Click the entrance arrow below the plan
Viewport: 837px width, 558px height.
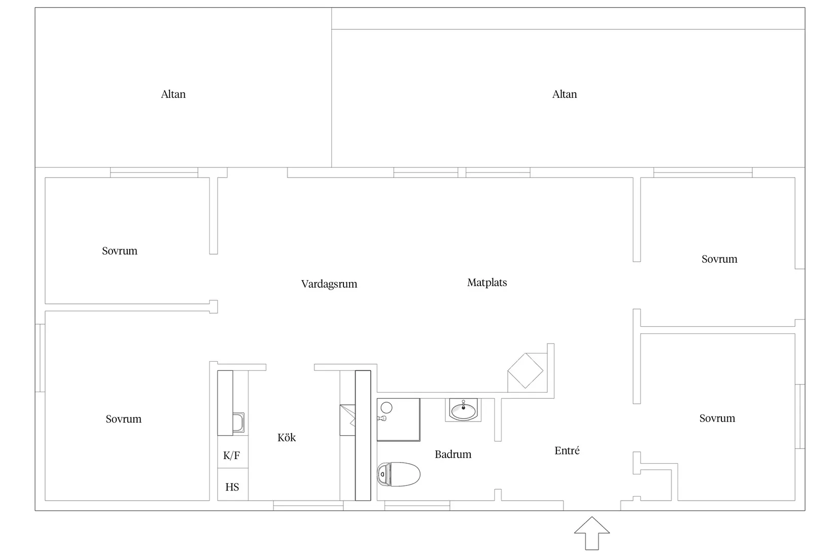592,533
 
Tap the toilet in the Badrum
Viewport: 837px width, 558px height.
398,474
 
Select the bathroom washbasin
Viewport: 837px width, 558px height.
463,410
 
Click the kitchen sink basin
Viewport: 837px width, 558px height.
238,423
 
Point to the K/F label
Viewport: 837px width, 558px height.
232,455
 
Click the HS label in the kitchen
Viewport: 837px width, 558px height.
232,487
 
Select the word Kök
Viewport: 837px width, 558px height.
287,437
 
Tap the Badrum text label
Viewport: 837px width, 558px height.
453,454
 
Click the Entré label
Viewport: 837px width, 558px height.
567,450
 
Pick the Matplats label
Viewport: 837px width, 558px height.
487,282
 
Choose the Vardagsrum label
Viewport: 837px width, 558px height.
329,284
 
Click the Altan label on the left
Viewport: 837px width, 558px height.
173,94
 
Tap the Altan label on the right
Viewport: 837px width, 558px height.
564,94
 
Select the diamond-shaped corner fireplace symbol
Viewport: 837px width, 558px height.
526,371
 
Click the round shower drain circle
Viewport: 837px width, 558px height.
387,407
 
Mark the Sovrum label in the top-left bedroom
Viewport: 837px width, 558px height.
120,251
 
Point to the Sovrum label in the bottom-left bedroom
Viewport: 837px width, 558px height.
123,419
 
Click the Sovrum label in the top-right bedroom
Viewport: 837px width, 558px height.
719,259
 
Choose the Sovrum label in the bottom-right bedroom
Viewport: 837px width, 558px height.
717,418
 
